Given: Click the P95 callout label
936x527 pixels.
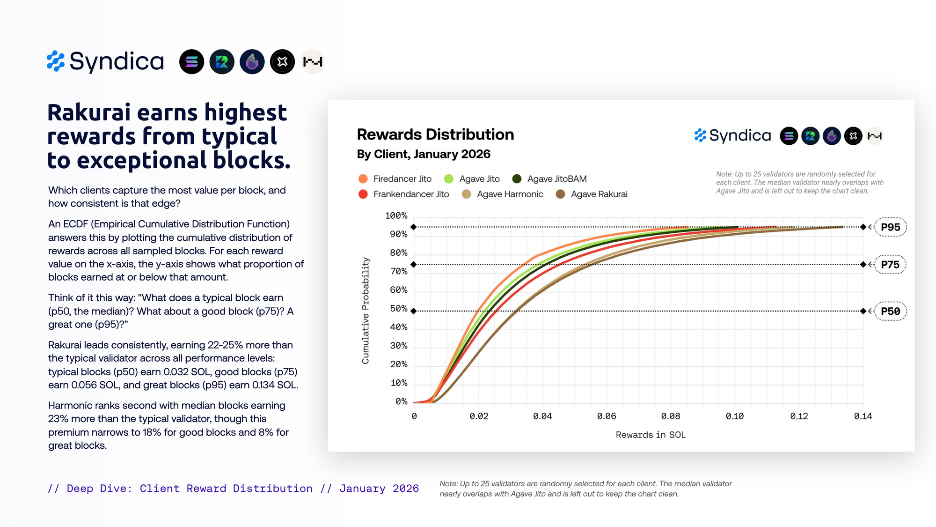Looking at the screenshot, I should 890,227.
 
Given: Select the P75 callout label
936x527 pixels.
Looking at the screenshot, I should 890,265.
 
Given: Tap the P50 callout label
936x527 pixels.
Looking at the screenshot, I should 890,312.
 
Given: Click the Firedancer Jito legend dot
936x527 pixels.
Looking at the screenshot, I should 363,178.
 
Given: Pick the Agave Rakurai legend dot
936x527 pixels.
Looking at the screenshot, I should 560,194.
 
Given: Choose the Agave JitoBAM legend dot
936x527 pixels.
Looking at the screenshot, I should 517,178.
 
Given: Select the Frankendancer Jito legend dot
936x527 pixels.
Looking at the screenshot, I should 363,194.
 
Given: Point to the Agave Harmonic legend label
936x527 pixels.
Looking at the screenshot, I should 510,194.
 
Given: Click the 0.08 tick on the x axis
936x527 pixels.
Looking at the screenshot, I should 671,416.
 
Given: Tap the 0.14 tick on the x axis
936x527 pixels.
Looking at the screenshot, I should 863,416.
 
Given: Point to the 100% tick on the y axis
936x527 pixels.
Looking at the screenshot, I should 396,215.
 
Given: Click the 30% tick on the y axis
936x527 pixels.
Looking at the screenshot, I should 398,346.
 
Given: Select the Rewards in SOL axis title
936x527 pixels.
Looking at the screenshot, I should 651,435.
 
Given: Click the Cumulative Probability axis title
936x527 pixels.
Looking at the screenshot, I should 366,311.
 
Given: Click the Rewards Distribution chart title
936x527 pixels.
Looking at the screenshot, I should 435,134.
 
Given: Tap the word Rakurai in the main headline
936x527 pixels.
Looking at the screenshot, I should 89,113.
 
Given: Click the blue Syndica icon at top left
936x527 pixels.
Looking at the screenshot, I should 56,61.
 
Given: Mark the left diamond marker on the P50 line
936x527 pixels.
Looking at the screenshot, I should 413,311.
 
